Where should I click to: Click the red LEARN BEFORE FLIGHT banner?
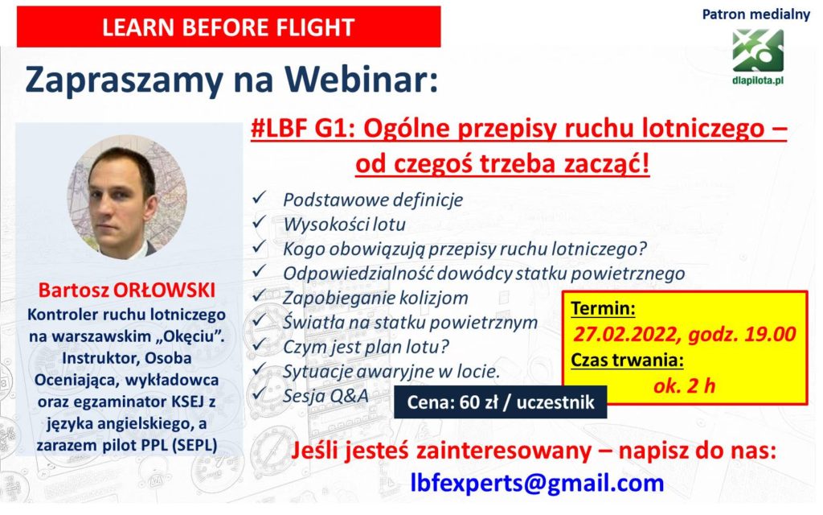(x=228, y=27)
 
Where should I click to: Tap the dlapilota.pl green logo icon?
(x=758, y=51)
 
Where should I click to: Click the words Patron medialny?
(x=755, y=14)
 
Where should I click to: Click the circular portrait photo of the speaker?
(x=127, y=197)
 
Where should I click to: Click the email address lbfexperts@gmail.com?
(x=537, y=483)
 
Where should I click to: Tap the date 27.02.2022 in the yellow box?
(x=625, y=334)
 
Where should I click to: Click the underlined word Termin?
(x=602, y=308)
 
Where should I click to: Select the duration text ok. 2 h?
(x=684, y=385)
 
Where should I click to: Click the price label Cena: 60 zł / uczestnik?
(x=500, y=402)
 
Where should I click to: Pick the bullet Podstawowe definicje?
(x=373, y=200)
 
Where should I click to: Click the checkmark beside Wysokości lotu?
(x=260, y=222)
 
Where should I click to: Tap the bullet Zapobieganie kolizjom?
(x=375, y=298)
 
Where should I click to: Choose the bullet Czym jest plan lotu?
(x=366, y=347)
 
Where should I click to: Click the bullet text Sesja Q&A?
(x=326, y=396)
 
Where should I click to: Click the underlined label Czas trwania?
(x=627, y=360)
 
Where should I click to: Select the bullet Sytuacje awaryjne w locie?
(x=391, y=372)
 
